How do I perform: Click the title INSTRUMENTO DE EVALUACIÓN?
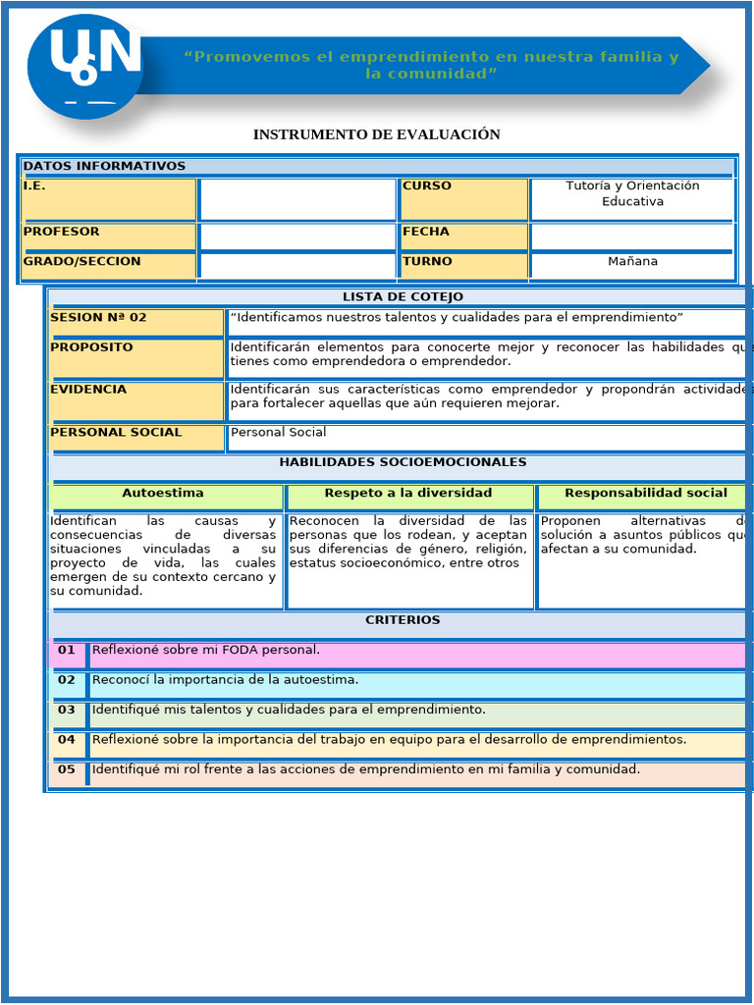(x=376, y=134)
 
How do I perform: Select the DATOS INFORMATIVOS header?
(x=104, y=166)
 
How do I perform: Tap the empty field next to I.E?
(x=297, y=199)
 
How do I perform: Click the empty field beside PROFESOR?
(x=297, y=237)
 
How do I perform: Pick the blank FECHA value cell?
(x=631, y=237)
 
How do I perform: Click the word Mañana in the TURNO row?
(x=632, y=262)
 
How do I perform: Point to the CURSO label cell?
(x=463, y=199)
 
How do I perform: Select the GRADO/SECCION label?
(x=108, y=264)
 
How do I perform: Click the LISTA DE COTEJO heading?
(x=403, y=297)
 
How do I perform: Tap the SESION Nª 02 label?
(x=135, y=321)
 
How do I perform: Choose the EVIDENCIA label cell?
(x=135, y=400)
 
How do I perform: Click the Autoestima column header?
(x=163, y=494)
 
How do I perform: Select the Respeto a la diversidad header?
(x=408, y=494)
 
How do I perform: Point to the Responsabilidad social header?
(x=645, y=494)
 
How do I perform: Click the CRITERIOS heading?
(x=403, y=620)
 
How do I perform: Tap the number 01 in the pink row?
(x=67, y=651)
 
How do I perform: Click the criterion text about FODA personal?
(x=206, y=650)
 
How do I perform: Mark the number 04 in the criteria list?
(x=67, y=740)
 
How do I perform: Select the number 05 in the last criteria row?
(x=67, y=769)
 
